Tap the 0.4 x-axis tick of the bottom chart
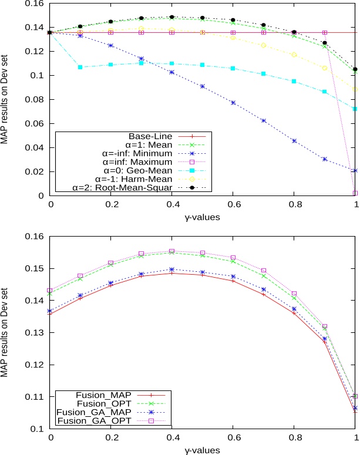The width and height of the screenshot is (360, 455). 171,438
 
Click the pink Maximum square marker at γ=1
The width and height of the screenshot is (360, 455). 354,193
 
